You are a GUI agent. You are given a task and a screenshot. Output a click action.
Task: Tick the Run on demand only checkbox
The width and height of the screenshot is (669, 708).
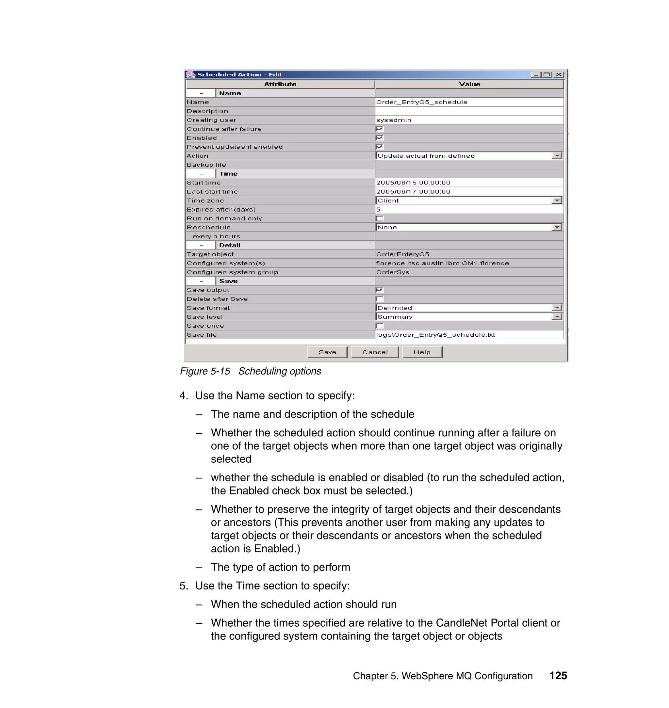[x=380, y=218]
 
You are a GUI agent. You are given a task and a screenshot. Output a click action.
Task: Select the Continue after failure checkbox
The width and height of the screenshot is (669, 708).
[x=380, y=129]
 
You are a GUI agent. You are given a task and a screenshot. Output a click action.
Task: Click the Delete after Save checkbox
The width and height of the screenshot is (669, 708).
[x=380, y=299]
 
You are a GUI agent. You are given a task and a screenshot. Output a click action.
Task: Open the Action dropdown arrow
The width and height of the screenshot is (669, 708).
[x=556, y=155]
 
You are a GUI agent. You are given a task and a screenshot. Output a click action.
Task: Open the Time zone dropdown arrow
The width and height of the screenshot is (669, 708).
[x=556, y=201]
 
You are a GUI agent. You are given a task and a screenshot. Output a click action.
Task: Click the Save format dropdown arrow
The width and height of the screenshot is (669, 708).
[x=556, y=308]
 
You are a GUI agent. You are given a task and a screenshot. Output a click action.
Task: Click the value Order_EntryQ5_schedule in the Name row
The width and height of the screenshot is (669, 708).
[x=421, y=102]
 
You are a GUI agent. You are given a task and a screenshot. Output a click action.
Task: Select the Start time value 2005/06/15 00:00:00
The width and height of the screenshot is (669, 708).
[x=413, y=183]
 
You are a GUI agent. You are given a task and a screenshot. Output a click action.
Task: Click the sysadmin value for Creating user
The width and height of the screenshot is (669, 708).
[x=393, y=120]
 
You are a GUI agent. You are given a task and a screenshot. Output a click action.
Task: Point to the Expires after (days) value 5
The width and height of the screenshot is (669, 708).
[x=378, y=209]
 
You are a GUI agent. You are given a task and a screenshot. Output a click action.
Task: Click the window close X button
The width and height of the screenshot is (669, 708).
[x=559, y=74]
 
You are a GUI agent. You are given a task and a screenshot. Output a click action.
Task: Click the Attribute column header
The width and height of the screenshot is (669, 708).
[x=280, y=84]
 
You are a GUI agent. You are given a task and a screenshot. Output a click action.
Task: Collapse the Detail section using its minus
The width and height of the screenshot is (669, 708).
[x=201, y=245]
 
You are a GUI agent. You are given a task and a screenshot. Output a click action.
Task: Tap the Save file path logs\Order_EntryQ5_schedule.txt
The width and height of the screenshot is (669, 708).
[x=435, y=334]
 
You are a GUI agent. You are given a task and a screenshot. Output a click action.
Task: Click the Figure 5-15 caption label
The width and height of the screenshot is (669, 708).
[x=205, y=371]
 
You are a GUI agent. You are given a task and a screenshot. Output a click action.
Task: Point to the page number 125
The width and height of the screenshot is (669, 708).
[x=558, y=676]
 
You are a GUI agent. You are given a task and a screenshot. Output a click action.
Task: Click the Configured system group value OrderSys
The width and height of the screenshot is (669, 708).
[x=392, y=272]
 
